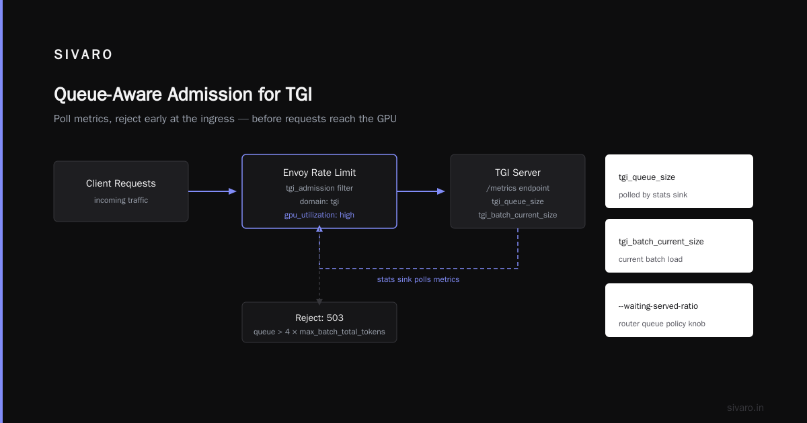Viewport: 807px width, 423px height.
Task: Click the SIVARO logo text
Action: coord(83,54)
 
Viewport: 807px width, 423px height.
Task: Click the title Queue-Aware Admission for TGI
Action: coord(183,95)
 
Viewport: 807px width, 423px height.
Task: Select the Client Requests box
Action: coord(121,191)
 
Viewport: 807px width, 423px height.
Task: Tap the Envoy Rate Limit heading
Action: coord(319,173)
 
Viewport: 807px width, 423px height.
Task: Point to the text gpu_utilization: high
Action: coord(319,215)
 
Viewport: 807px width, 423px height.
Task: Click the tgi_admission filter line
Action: coord(319,188)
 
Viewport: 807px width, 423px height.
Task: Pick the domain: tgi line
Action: coord(319,201)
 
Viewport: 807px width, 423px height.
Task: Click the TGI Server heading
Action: coord(518,173)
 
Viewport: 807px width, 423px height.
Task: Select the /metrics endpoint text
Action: coord(518,188)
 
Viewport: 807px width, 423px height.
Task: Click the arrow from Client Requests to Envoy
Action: coord(213,191)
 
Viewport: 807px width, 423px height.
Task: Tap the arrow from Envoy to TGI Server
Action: coord(421,191)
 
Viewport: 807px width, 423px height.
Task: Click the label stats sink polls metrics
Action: coord(418,279)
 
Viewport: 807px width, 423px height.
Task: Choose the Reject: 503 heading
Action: coord(319,318)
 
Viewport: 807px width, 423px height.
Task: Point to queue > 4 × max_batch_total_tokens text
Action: coord(319,332)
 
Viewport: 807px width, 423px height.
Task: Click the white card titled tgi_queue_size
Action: coord(679,181)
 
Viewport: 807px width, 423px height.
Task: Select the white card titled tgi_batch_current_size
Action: coord(679,246)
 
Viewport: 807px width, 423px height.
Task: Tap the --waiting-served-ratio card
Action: coord(679,310)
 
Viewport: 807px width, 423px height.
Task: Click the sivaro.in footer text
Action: coord(745,408)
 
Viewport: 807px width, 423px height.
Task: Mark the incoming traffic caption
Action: coord(121,200)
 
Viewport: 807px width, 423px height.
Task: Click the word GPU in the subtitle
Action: coord(387,119)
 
